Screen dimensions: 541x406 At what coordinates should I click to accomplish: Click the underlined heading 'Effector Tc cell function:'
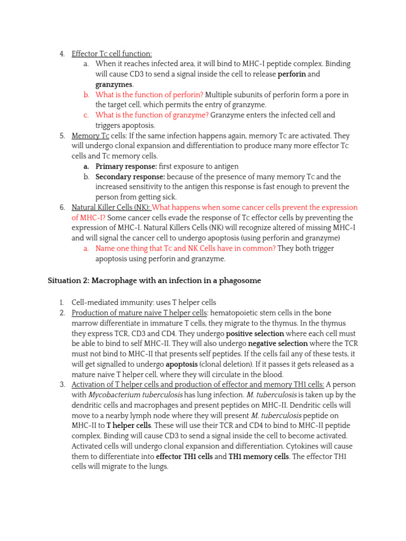[x=112, y=53]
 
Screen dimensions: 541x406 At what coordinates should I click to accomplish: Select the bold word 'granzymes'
[x=114, y=85]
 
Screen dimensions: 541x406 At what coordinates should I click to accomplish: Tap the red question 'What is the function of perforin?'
[x=149, y=95]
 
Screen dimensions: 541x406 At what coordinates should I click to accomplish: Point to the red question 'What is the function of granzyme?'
[x=152, y=115]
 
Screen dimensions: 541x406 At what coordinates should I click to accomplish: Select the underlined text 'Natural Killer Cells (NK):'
[x=111, y=208]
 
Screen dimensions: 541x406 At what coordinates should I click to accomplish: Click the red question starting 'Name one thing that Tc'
[x=185, y=248]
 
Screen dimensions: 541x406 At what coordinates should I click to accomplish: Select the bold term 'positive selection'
[x=255, y=334]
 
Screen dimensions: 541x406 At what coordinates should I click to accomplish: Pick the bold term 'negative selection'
[x=278, y=344]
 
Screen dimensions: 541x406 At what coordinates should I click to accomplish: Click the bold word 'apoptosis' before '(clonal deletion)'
[x=183, y=365]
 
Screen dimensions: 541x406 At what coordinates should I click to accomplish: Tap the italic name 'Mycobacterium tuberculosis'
[x=135, y=395]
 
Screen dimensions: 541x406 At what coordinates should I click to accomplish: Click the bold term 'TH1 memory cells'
[x=259, y=456]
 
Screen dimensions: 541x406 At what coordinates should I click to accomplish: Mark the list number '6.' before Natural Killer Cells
[x=62, y=208]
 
